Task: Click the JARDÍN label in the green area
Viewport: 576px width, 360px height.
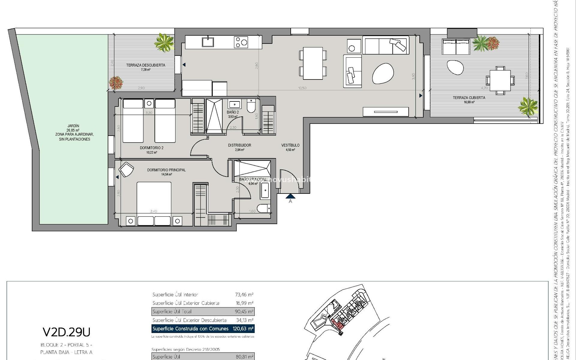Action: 73,126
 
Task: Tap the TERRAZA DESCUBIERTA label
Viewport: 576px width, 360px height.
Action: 145,65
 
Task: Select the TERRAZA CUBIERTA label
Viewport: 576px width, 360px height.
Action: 469,97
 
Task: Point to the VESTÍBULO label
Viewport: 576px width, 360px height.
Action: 290,145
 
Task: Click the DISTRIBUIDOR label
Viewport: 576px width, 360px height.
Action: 239,145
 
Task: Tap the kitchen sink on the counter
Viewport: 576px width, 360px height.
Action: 208,42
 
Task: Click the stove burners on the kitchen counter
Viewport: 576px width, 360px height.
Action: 241,42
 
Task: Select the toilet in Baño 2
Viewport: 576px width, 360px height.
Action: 250,106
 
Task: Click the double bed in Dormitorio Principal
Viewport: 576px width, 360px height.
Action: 154,199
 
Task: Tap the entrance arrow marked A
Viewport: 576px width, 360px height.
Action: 290,196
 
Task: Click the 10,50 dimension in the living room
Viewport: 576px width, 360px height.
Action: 302,88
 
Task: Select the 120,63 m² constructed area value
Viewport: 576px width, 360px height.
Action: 243,328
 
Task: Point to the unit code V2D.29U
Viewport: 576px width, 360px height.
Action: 66,332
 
